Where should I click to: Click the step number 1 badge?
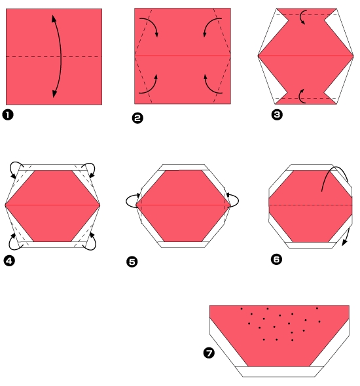[x=9, y=116]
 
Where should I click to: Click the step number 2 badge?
[x=137, y=118]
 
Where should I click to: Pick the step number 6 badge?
[x=276, y=259]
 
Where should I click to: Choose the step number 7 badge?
[x=209, y=353]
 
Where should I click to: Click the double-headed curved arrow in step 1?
[x=60, y=57]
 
